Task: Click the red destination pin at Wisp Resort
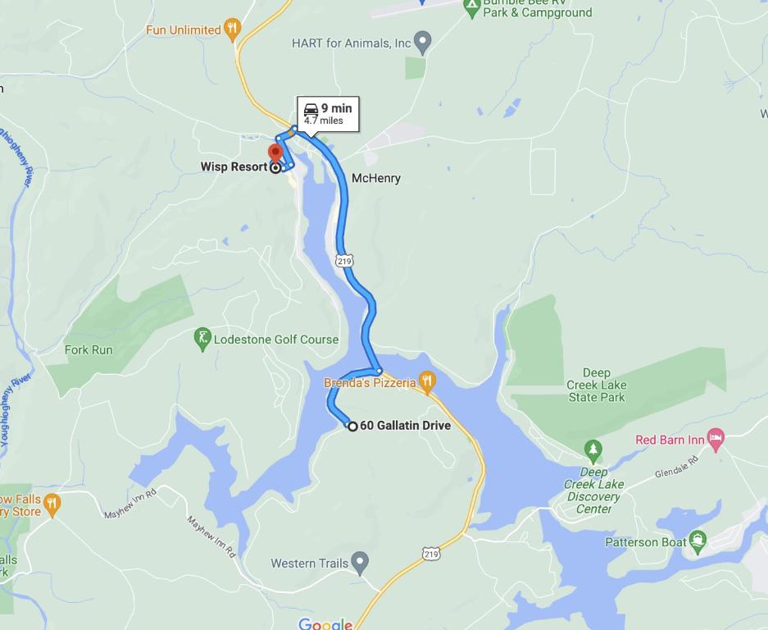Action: (x=275, y=153)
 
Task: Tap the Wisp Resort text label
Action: (x=234, y=167)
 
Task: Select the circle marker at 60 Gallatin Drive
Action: (x=352, y=426)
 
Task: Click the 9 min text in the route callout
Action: (x=336, y=108)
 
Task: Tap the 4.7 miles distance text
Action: (x=324, y=121)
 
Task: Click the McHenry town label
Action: (x=375, y=178)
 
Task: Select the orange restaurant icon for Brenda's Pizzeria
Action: (x=426, y=380)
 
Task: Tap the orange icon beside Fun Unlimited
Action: (x=233, y=30)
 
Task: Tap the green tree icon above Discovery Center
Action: (x=593, y=450)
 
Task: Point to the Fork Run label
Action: (x=89, y=350)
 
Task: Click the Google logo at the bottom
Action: (x=325, y=623)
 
